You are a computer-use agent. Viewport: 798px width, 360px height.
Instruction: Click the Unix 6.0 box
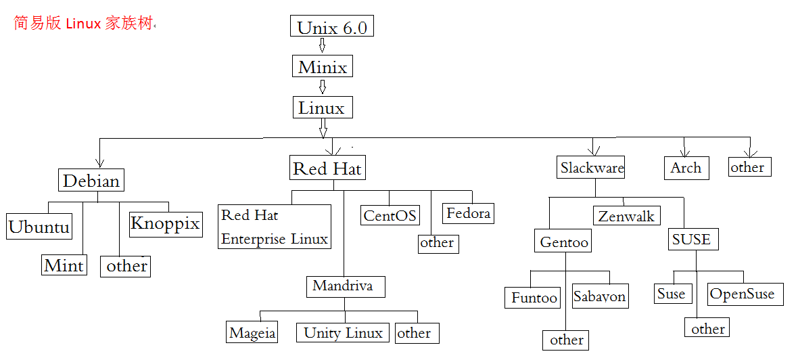coord(331,27)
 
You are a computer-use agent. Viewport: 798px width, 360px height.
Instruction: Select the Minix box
coord(323,67)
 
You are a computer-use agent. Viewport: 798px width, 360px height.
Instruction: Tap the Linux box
coord(323,108)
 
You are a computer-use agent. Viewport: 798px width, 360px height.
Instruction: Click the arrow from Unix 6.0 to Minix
coord(323,46)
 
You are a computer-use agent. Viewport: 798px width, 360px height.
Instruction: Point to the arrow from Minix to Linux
coord(323,87)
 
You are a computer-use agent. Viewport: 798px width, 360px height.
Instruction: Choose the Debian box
coord(91,181)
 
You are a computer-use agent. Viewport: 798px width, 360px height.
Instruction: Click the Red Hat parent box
coord(327,168)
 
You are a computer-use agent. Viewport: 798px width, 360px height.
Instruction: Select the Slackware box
coord(592,168)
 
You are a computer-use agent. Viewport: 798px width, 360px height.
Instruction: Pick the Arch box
coord(686,168)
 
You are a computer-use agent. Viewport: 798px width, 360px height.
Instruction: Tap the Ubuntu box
coord(39,227)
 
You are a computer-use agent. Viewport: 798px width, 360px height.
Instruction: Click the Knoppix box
coord(165,223)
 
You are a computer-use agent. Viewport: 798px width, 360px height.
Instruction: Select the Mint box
coord(64,265)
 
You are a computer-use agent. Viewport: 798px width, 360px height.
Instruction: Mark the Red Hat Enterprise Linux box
coord(275,227)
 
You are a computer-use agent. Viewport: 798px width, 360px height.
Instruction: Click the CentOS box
coord(390,215)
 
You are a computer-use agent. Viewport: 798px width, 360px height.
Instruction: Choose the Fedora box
coord(468,213)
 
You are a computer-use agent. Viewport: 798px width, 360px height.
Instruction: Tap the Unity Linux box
coord(344,332)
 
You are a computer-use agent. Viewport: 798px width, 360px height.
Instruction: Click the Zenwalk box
coord(626,216)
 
